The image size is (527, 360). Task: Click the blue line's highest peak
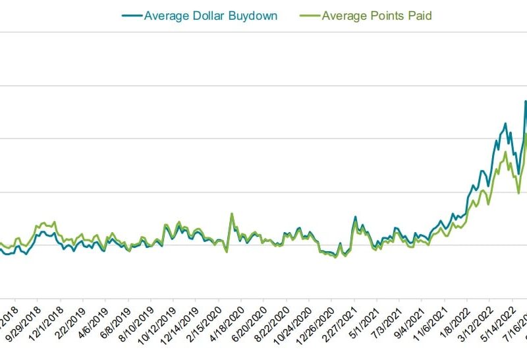click(526, 101)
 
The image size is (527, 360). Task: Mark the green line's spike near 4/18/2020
click(232, 214)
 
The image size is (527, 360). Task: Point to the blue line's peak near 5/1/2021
click(356, 216)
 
